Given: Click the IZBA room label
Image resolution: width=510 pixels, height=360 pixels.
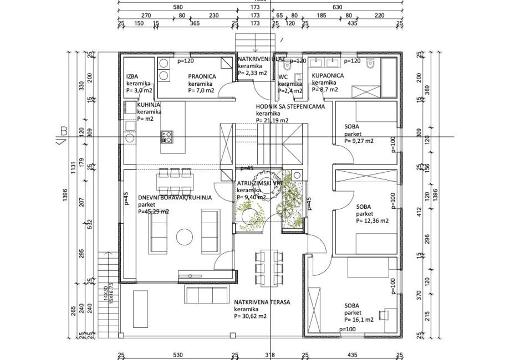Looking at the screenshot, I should (132, 77).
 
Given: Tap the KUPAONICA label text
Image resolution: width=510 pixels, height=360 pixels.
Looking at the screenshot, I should (328, 75).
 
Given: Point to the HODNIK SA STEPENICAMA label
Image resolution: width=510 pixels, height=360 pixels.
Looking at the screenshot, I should (290, 106).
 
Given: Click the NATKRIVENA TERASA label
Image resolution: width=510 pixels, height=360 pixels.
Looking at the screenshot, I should (262, 302).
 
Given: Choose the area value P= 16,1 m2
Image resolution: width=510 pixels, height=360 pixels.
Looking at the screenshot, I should (359, 320).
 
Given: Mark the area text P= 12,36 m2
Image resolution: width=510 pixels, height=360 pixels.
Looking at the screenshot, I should (372, 220).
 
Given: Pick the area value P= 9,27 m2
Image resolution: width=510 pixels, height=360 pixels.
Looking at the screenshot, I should (359, 141).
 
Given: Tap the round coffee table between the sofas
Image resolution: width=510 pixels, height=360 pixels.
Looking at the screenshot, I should (184, 237).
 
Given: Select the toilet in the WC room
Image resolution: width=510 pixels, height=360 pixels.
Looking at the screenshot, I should (286, 66).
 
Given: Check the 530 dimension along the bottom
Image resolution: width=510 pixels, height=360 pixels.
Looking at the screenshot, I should (177, 355).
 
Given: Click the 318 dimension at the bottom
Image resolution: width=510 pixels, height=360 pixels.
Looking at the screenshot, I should (270, 355).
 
